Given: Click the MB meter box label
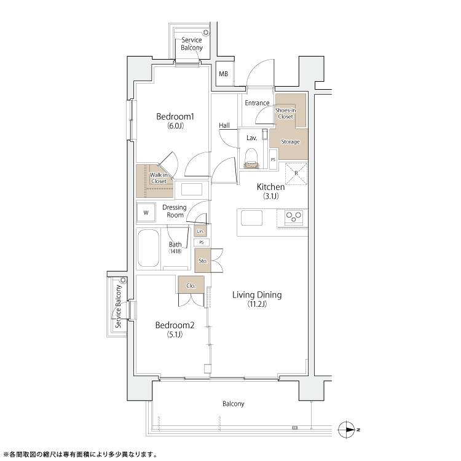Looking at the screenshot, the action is tap(224, 74).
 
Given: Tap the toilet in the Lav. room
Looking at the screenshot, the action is tap(251, 158).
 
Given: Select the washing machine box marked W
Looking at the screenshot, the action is tap(146, 213).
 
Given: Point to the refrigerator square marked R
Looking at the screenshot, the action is tap(296, 173).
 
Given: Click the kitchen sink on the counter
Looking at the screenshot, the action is tap(251, 218).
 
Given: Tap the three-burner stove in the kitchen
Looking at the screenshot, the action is tap(294, 217).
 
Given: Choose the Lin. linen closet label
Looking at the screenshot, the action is tap(200, 231).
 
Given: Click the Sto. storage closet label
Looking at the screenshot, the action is tap(203, 261).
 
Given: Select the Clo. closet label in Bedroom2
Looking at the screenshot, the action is tap(191, 285).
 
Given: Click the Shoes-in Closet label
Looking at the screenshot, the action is tap(285, 113).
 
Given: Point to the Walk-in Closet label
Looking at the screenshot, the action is tap(159, 178).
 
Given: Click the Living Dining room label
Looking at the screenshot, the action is tap(257, 294).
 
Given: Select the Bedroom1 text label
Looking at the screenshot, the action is tap(175, 116).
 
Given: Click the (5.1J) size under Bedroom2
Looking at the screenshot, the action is tap(175, 334).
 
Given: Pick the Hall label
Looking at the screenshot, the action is tap(224, 125).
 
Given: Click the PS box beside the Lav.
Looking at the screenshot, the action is tap(273, 159).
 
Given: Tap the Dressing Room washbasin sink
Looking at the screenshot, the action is tap(192, 189).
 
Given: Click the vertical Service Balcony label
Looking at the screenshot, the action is tap(118, 306).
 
